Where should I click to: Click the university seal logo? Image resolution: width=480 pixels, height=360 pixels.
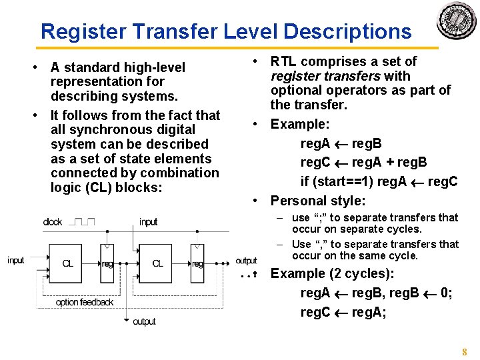coord(456,21)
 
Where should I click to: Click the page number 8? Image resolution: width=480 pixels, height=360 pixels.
coord(465,351)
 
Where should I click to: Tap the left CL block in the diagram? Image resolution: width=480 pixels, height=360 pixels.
coord(67,263)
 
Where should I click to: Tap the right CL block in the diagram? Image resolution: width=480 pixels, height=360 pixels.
coord(157,263)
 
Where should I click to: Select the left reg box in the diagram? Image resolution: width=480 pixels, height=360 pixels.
coord(107,263)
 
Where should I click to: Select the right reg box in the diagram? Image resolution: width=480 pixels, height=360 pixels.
coord(197,263)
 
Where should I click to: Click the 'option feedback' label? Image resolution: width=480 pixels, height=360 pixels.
coord(85,302)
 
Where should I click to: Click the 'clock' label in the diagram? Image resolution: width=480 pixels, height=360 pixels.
coord(53,222)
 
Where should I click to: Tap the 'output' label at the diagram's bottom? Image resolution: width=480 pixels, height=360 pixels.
coord(144,321)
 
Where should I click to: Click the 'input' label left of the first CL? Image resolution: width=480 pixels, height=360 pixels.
coord(16,260)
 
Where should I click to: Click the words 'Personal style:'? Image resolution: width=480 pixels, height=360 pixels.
coord(318,201)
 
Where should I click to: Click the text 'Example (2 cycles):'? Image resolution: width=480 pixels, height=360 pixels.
coord(332,274)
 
